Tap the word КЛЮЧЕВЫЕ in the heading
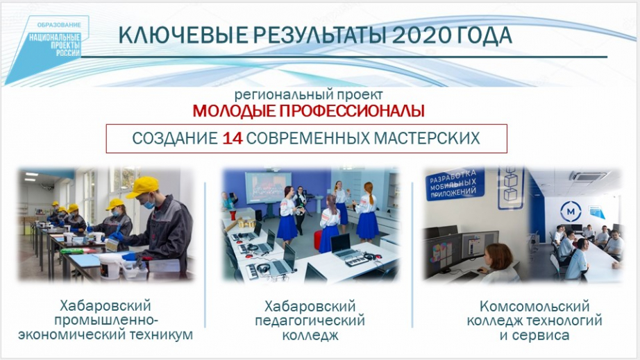click(183, 35)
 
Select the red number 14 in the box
click(233, 139)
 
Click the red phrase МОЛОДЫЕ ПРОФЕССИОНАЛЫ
click(309, 111)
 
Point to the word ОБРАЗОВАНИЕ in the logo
click(60, 25)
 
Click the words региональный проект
click(309, 95)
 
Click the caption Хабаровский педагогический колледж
click(310, 321)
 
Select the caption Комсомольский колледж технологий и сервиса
click(534, 321)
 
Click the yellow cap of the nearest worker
click(143, 186)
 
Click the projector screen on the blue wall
click(268, 187)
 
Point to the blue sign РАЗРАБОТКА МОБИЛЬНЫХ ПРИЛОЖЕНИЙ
click(455, 184)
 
